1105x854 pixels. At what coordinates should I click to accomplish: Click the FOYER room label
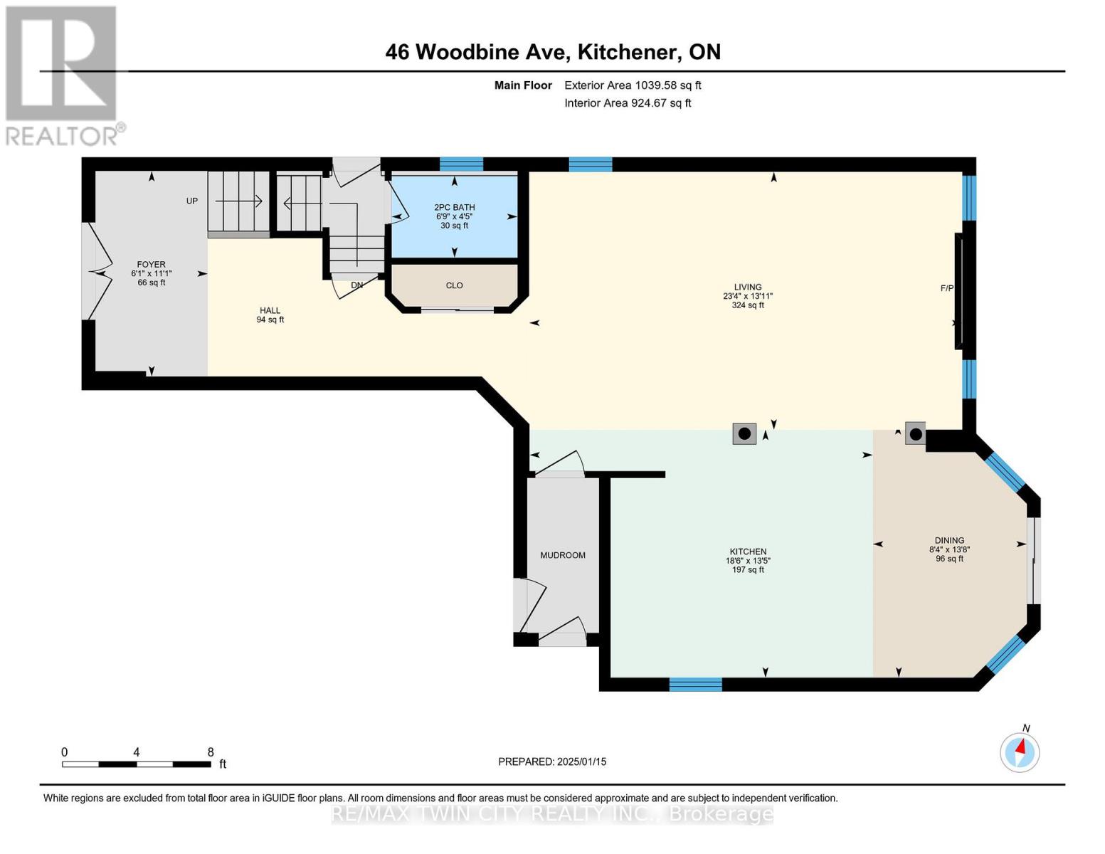pos(151,265)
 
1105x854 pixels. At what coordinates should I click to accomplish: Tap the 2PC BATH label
pos(454,208)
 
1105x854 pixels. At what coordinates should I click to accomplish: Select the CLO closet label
pos(454,285)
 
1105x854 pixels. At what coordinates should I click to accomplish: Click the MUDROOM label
pos(562,555)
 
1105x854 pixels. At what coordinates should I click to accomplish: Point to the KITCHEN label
pos(748,552)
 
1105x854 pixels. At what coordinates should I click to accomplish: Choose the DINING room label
pos(949,541)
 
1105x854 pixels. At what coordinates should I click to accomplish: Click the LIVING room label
pos(748,288)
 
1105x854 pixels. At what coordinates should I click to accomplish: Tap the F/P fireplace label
pos(946,288)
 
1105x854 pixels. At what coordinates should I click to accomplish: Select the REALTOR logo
pos(63,75)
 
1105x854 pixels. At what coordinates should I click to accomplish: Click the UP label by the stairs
pos(192,201)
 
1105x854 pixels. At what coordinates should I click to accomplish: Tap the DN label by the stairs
pos(357,285)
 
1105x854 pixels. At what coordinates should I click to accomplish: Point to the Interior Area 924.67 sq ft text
pos(628,103)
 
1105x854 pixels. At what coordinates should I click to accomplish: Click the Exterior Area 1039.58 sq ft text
pos(633,85)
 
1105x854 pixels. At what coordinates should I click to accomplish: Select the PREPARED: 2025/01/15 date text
pos(552,761)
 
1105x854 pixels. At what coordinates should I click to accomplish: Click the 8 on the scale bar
pos(211,752)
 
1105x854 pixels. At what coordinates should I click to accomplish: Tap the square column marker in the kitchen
pos(744,433)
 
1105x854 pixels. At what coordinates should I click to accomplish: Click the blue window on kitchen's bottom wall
pos(695,685)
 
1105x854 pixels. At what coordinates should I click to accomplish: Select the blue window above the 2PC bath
pos(461,164)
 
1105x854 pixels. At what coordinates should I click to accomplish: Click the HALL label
pos(270,311)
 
